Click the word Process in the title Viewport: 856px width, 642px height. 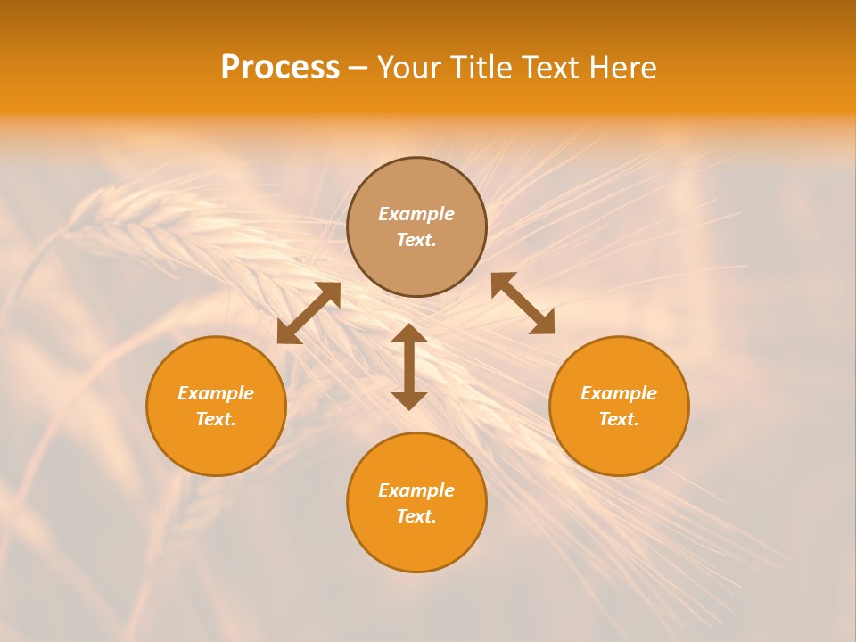(280, 68)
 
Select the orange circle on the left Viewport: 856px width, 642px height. (216, 446)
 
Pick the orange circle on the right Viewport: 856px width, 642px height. (619, 446)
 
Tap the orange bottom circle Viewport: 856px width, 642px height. (416, 544)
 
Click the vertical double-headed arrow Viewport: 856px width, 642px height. (409, 366)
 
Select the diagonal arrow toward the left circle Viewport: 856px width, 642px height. (309, 313)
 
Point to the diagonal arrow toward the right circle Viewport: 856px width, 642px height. (523, 303)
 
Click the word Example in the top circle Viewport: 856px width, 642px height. (416, 214)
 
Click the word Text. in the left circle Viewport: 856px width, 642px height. (216, 419)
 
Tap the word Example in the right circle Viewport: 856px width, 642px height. (619, 393)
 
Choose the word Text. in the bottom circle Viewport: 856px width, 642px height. (416, 516)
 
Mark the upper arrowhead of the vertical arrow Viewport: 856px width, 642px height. (409, 333)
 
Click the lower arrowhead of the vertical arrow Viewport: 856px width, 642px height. (409, 400)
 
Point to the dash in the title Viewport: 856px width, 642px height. (358, 69)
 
